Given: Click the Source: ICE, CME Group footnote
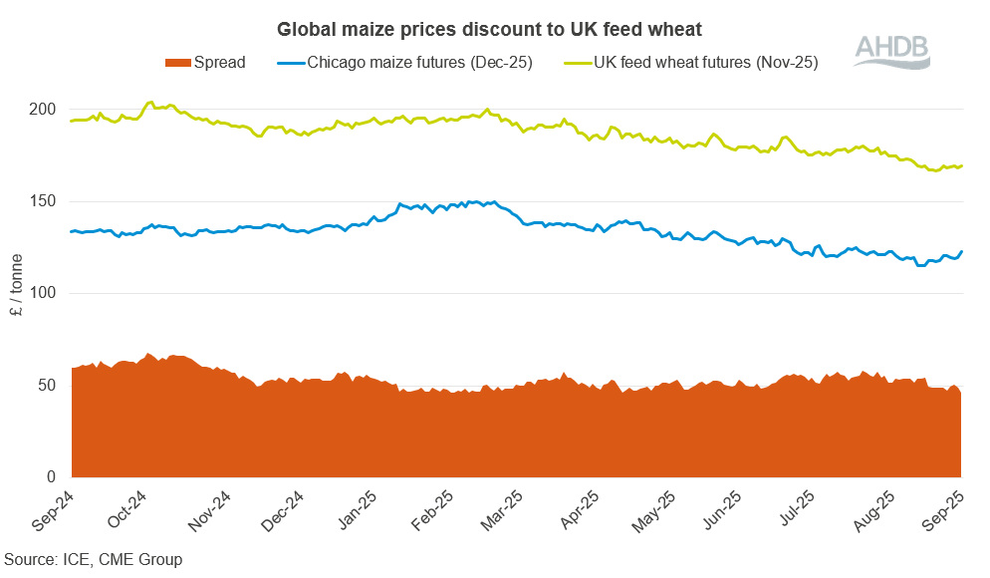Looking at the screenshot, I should (93, 559).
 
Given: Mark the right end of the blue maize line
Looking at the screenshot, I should (962, 251).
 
